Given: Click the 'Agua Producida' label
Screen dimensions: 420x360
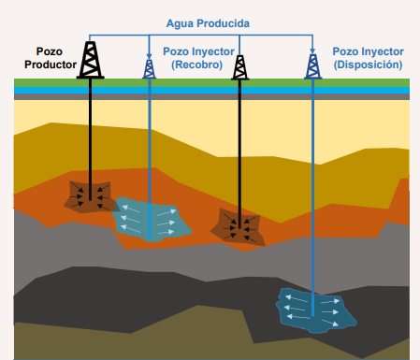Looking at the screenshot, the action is pos(208,23).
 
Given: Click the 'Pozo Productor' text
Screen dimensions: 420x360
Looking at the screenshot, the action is pos(51,58).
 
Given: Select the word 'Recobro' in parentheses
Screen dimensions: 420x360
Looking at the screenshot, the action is pos(197,65).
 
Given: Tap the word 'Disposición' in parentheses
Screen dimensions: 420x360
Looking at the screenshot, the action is pos(368,65).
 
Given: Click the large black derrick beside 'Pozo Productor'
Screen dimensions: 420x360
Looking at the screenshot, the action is pos(90,60).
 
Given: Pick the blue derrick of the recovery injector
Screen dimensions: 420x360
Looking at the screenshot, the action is pos(149,68).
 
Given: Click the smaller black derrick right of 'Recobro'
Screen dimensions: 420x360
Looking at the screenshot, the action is pos(239,67).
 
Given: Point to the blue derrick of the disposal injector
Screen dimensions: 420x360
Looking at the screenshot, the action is pos(312,66).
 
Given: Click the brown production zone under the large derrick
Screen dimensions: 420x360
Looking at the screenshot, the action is pos(89,197).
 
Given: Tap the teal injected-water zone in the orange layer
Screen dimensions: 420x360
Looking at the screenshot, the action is pos(151,219).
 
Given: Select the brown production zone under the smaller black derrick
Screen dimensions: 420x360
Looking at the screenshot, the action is pos(239,227).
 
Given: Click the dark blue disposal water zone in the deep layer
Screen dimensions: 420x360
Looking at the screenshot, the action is pos(315,310).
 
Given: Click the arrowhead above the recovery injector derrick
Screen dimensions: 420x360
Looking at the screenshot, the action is pos(149,56).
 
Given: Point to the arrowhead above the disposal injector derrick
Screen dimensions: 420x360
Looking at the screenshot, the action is pos(312,51).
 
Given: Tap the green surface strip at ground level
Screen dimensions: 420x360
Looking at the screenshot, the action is pos(211,83).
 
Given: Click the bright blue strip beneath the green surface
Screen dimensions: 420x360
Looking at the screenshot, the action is pos(211,91).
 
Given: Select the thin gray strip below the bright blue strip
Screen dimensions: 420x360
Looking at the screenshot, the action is pos(211,97).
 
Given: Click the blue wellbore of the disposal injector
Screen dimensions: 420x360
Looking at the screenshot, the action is pos(312,197).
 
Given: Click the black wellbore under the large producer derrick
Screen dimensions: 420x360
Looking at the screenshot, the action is pos(90,139).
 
